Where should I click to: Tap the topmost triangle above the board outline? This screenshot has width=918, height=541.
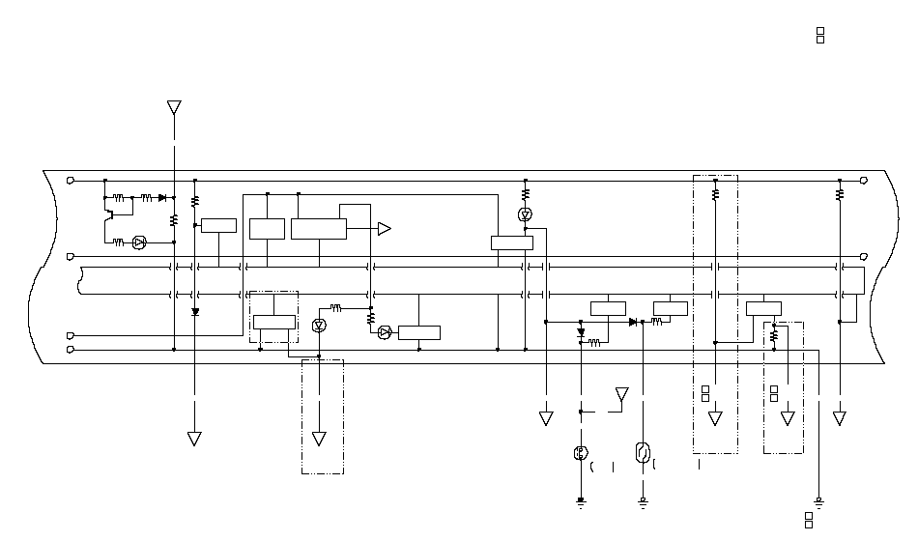tap(174, 106)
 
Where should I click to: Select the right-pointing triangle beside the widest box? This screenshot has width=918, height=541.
tap(384, 229)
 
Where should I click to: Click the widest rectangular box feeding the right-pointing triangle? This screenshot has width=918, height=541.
tap(318, 229)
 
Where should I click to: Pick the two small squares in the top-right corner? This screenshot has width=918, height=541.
tap(820, 36)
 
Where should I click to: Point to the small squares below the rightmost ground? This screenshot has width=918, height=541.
tap(809, 520)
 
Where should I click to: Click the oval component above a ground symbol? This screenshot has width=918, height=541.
tap(643, 452)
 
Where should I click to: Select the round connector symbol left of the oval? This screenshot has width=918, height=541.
tap(581, 453)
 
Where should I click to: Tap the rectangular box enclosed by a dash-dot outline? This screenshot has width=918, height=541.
tap(273, 322)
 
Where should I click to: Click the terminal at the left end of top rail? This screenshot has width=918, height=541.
tap(71, 180)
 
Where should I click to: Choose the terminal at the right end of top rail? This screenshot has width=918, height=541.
tap(863, 180)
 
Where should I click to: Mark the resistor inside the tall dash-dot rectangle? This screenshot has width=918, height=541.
tap(715, 194)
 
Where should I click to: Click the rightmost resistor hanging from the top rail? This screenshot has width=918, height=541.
tap(840, 194)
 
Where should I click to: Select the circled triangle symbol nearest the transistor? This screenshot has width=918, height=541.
tap(138, 242)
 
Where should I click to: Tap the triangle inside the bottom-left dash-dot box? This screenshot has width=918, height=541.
tap(319, 439)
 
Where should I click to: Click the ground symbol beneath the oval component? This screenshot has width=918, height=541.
tap(643, 500)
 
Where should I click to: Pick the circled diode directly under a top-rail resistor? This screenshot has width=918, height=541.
tap(525, 214)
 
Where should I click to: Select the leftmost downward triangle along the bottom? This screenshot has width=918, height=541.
tap(194, 439)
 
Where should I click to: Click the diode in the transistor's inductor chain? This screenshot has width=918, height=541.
tap(161, 198)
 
